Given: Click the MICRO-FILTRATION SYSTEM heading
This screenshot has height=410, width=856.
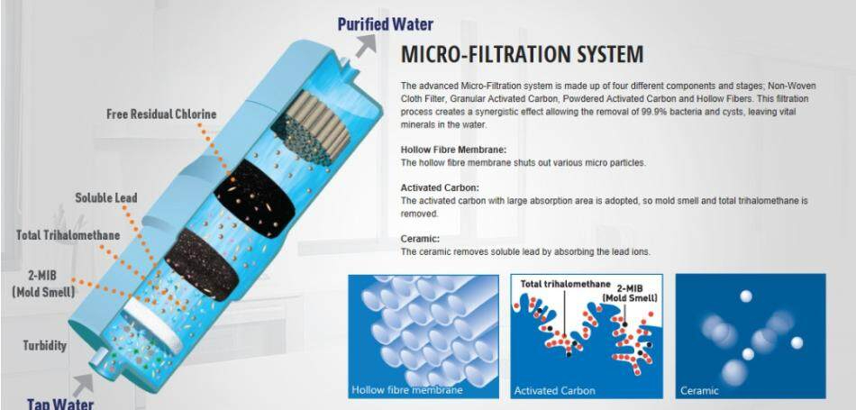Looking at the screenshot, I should coord(522,54).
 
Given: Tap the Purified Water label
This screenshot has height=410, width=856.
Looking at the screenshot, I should coord(385,24).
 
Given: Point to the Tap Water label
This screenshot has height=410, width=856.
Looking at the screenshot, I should coord(59,403).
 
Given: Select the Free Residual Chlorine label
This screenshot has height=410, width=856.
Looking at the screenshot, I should coord(160,114).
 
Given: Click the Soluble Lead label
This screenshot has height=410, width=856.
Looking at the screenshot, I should coord(106,197).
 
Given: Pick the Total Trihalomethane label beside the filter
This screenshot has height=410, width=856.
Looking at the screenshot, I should coord(68,235).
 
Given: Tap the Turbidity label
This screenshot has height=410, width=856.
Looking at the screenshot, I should coord(45,345).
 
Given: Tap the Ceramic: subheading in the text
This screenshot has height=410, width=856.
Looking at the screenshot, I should coord(419,238).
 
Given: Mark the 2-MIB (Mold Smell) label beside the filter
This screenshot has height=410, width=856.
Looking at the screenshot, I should coord(44,282).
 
